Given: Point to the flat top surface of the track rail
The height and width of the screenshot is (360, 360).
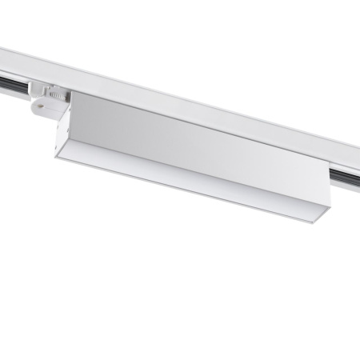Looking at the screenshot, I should coord(200,92).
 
